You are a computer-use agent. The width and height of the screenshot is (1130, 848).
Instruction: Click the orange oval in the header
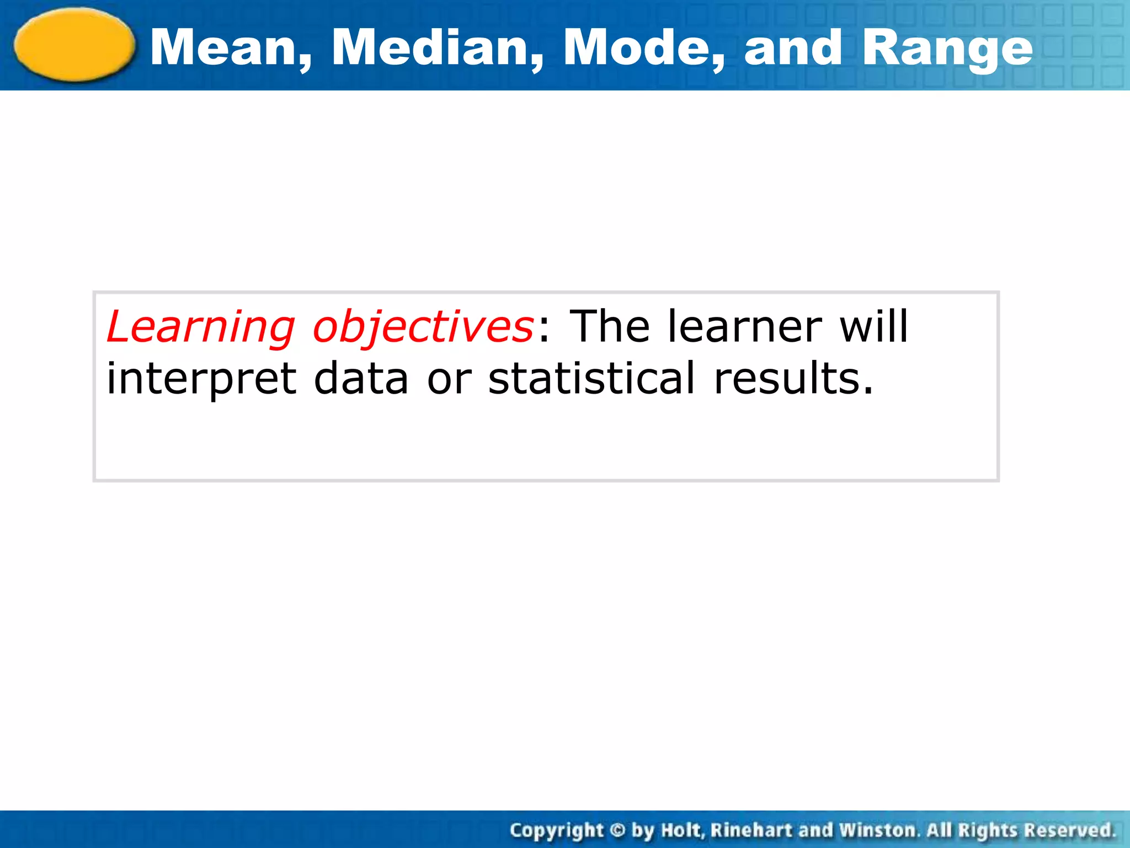tap(74, 45)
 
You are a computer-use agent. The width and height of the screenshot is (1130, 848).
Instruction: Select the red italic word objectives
tap(423, 327)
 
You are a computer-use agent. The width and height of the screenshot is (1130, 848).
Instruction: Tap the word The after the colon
tap(610, 326)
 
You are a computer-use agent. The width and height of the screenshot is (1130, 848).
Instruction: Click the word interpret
tap(202, 380)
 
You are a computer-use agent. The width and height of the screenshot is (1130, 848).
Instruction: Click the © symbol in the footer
tap(618, 830)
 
